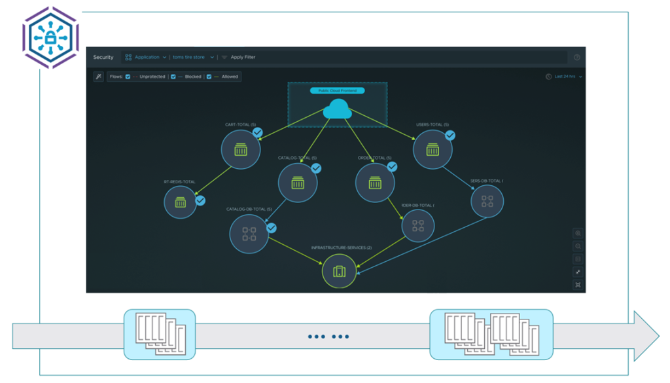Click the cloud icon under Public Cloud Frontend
[x=337, y=110]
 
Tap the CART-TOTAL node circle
[x=241, y=149]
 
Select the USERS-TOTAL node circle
[x=432, y=149]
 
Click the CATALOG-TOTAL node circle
[x=298, y=183]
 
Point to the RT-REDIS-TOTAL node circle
[x=181, y=202]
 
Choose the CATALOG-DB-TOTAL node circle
[x=249, y=234]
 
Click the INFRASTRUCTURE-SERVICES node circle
[x=339, y=271]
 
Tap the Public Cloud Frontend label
[x=337, y=90]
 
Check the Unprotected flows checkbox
[x=128, y=77]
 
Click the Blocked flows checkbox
[x=172, y=77]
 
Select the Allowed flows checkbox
[x=209, y=77]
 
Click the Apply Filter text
[x=243, y=58]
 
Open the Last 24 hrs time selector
[x=565, y=77]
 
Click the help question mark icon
[x=576, y=58]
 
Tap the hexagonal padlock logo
[x=50, y=37]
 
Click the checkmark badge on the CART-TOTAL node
[x=258, y=133]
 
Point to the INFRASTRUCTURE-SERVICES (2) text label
[x=341, y=247]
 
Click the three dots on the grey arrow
[x=328, y=337]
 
